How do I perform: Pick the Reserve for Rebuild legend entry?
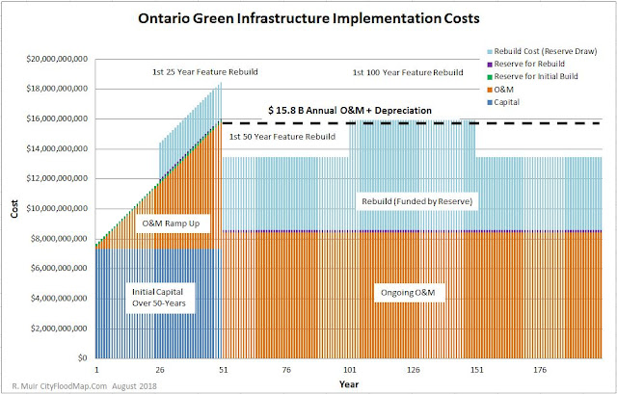click(x=545, y=64)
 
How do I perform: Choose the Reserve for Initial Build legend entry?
click(x=550, y=77)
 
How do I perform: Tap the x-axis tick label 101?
click(x=350, y=368)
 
